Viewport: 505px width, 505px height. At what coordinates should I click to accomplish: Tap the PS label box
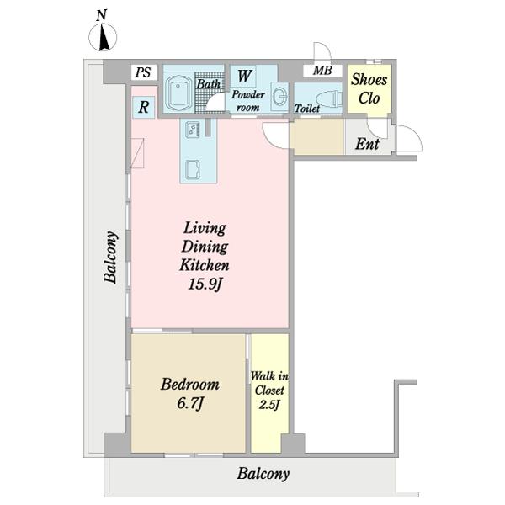tap(144, 72)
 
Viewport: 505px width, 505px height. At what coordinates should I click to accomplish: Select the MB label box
tap(322, 71)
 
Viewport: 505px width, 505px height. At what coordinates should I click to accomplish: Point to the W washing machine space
tap(244, 76)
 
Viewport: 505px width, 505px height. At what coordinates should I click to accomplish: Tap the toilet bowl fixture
tap(330, 99)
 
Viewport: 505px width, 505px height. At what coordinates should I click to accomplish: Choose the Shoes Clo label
tap(369, 88)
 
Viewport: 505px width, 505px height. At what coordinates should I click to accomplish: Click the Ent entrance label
tap(367, 144)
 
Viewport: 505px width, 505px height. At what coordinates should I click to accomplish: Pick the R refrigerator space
tap(144, 107)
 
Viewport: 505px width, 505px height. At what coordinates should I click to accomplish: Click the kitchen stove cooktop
tap(193, 130)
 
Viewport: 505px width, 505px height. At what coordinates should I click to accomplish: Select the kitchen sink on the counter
tap(193, 169)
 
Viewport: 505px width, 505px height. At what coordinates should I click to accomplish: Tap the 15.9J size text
tap(205, 284)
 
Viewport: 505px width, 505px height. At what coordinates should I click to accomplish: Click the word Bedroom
tap(190, 385)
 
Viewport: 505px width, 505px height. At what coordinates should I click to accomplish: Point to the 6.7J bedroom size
tap(190, 403)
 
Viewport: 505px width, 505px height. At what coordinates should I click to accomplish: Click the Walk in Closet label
tap(269, 390)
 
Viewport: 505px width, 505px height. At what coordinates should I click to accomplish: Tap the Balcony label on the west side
tap(111, 258)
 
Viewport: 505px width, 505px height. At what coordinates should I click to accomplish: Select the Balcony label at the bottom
tap(263, 474)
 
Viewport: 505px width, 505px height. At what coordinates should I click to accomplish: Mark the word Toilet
tap(307, 109)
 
